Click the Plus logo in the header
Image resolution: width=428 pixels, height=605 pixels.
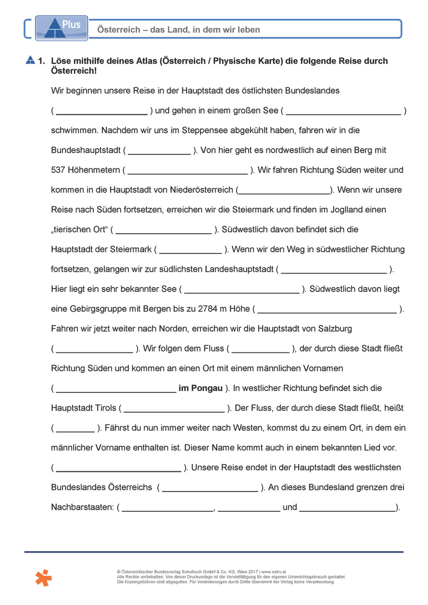(x=62, y=27)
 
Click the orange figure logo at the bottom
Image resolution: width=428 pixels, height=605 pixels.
(x=43, y=577)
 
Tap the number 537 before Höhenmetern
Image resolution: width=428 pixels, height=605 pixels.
(x=58, y=170)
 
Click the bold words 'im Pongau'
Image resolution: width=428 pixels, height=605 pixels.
(x=201, y=388)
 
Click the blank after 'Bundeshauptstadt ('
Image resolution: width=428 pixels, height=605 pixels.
(x=159, y=151)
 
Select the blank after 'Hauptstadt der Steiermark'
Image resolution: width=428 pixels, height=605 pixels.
(x=190, y=250)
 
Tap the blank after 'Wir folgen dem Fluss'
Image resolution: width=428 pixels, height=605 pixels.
(x=261, y=349)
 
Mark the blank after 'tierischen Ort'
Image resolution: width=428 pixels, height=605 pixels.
(x=164, y=230)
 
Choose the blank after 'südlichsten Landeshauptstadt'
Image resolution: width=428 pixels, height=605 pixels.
(x=334, y=269)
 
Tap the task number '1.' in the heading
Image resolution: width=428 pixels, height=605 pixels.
(x=41, y=61)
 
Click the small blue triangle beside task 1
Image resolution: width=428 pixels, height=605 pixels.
(x=30, y=60)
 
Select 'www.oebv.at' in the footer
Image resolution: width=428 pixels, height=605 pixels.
(x=274, y=572)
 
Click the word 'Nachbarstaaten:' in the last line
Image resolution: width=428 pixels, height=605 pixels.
(x=82, y=507)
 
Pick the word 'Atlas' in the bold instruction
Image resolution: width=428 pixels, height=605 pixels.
(x=146, y=61)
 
